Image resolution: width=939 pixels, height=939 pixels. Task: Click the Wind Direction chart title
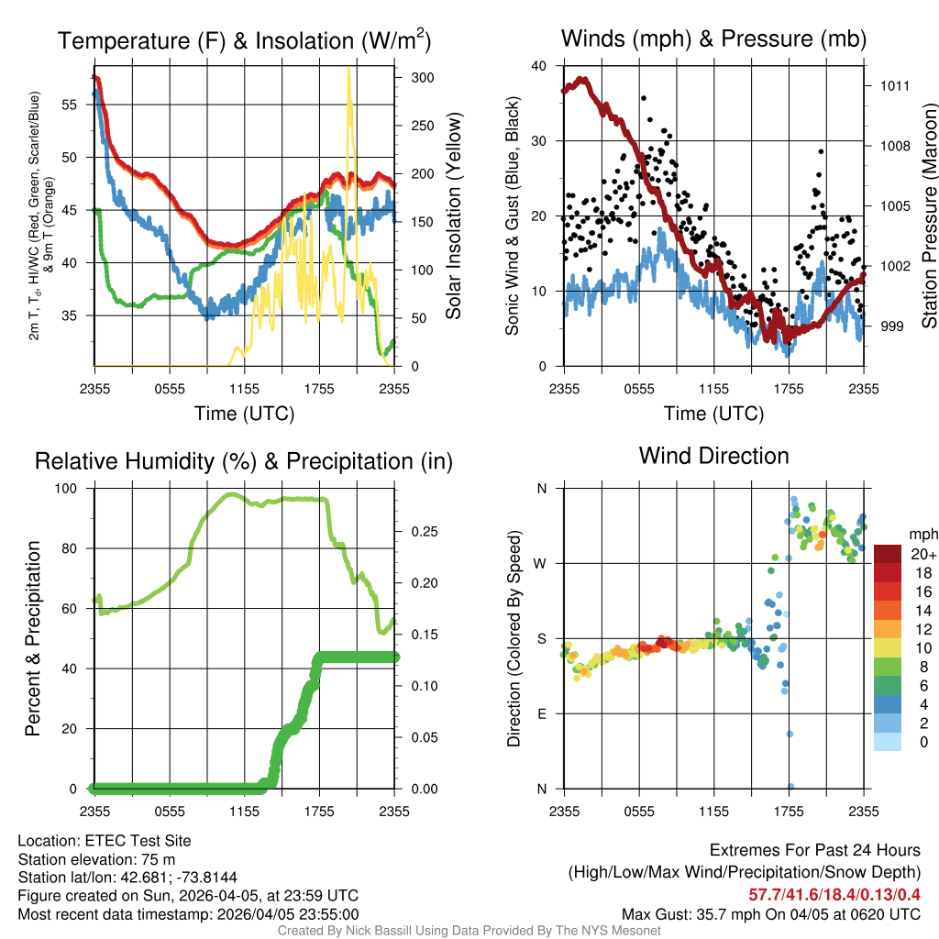click(x=713, y=456)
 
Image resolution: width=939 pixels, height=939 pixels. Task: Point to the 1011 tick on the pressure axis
click(x=894, y=86)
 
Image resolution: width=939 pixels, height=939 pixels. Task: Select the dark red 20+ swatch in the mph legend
click(x=887, y=554)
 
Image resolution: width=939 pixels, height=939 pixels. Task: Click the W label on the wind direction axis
click(x=541, y=563)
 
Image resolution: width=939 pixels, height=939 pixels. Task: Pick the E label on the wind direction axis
click(x=542, y=713)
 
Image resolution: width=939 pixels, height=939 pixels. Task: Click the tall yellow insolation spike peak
click(x=348, y=69)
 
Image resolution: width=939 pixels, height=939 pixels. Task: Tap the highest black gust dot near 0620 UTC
click(x=644, y=97)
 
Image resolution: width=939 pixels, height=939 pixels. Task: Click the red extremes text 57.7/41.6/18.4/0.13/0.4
click(x=834, y=894)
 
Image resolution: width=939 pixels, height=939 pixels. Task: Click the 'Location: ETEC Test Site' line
click(x=105, y=841)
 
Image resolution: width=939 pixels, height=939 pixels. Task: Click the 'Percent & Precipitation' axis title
click(x=33, y=638)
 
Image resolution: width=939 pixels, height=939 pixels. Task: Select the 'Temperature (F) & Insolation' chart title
click(x=244, y=40)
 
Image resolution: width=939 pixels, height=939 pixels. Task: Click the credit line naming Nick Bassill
click(x=469, y=931)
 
